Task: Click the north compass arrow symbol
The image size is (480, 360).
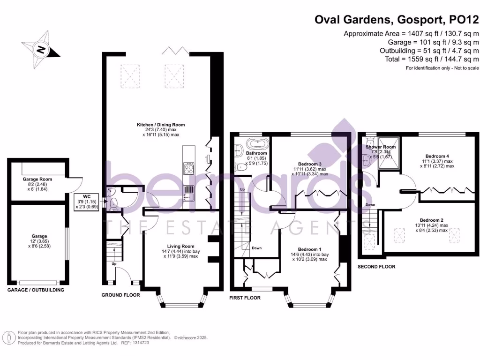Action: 41,49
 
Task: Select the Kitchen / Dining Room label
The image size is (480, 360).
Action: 161,125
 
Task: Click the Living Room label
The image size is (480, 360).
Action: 180,246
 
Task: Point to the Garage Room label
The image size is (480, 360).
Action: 37,179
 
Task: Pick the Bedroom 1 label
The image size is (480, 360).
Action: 310,249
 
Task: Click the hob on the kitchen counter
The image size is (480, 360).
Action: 189,168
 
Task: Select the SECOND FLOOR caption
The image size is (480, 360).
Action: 376,266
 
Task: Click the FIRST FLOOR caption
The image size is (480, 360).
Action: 245,298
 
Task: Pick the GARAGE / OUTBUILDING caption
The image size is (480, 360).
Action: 36,290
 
